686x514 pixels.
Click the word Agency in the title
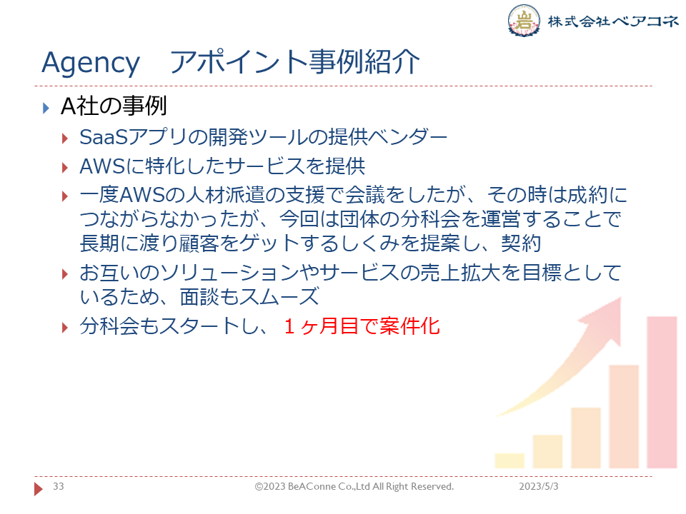tap(91, 64)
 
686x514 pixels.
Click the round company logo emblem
tap(524, 20)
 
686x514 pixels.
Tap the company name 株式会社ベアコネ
tap(613, 21)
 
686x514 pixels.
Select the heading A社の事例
tap(114, 106)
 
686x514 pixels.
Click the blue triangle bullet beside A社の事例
tap(46, 108)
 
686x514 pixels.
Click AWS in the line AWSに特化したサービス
tap(103, 166)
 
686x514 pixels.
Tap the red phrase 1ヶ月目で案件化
tap(362, 326)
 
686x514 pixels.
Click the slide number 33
tap(58, 486)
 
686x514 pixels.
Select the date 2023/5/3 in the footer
tap(539, 486)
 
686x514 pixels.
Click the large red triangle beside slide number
tap(39, 488)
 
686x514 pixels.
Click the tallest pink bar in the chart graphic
tap(662, 392)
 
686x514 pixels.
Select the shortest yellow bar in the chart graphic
tap(509, 460)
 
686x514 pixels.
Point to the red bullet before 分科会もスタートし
tap(65, 328)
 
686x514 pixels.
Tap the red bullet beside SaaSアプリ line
tap(65, 139)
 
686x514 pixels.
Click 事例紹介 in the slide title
tap(364, 61)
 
